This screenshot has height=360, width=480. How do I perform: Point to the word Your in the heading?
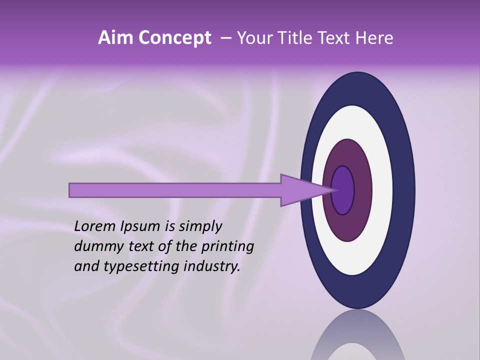point(254,38)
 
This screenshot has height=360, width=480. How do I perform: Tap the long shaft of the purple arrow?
point(175,190)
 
